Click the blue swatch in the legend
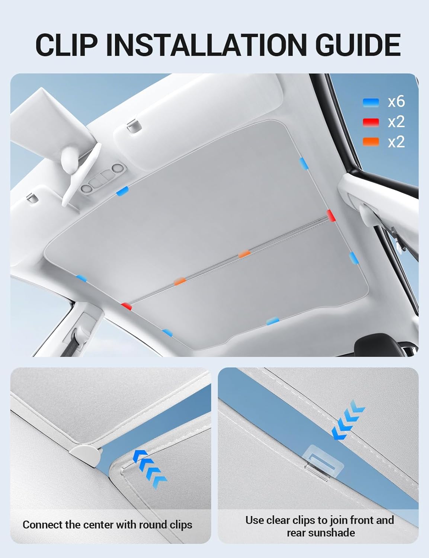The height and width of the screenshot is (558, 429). pos(371,102)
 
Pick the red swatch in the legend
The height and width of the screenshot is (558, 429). pos(371,122)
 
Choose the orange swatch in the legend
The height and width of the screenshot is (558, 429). pos(371,142)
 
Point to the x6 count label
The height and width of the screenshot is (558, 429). pos(396,102)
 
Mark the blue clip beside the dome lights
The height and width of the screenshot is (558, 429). pos(122,191)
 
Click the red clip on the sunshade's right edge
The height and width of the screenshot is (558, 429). pos(331,215)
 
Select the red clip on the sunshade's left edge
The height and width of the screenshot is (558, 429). pos(127,306)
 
